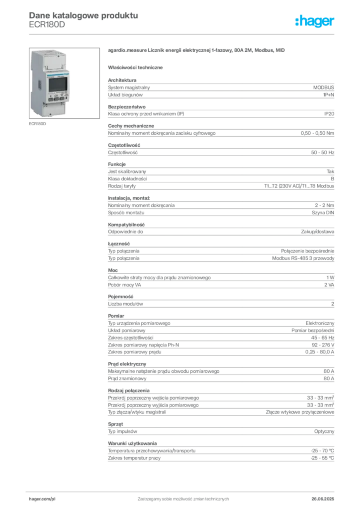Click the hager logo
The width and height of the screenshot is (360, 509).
[x=315, y=21]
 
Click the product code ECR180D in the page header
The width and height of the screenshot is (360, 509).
[x=47, y=25]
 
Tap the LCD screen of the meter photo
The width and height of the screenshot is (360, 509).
[x=58, y=85]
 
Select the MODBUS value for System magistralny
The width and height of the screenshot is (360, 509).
[x=323, y=87]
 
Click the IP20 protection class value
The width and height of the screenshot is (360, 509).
[x=329, y=114]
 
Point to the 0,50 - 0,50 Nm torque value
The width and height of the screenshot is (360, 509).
[x=317, y=133]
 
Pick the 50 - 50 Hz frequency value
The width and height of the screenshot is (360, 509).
[x=322, y=152]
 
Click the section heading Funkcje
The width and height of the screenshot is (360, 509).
[x=117, y=164]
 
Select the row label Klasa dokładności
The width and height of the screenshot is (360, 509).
[x=128, y=179]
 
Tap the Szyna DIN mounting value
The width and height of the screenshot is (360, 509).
[x=323, y=213]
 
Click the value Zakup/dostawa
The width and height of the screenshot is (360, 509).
[x=317, y=232]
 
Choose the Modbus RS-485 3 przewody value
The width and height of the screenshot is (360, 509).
[x=303, y=258]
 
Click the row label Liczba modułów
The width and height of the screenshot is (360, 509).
[x=126, y=304]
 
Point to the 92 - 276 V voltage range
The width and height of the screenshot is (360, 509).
[x=323, y=345]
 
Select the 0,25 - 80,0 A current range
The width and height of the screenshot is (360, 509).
[x=319, y=352]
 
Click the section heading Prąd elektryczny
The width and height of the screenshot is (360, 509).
[x=127, y=364]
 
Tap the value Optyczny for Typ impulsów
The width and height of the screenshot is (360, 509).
[x=324, y=431]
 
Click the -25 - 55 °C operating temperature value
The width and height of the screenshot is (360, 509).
[x=322, y=458]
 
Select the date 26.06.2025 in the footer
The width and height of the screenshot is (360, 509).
[x=323, y=499]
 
